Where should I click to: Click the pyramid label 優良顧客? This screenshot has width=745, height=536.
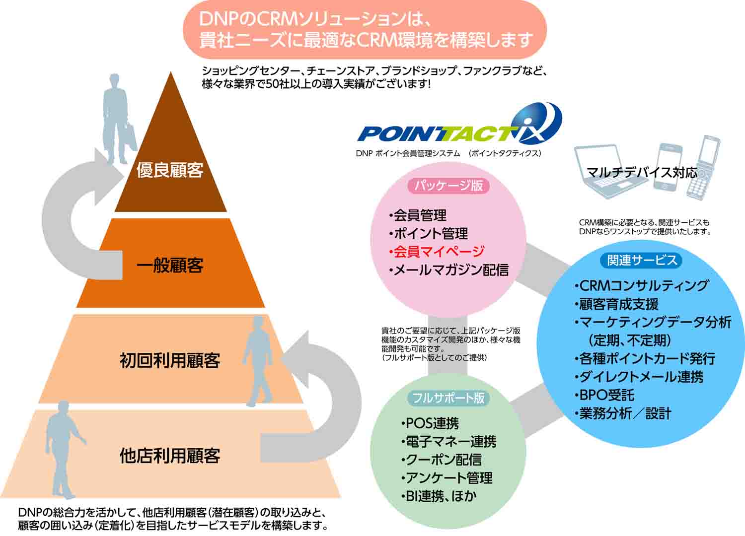coord(170,170)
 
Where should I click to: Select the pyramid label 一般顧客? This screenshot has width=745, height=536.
coord(170,266)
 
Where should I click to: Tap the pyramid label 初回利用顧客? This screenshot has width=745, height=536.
coord(170,360)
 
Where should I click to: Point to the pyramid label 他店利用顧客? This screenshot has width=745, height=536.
coord(170,456)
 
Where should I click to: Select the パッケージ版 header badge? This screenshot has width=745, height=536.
coord(448,186)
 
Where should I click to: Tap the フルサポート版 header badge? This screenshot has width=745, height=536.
coord(448,398)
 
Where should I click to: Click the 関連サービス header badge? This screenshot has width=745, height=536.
coord(642,260)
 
